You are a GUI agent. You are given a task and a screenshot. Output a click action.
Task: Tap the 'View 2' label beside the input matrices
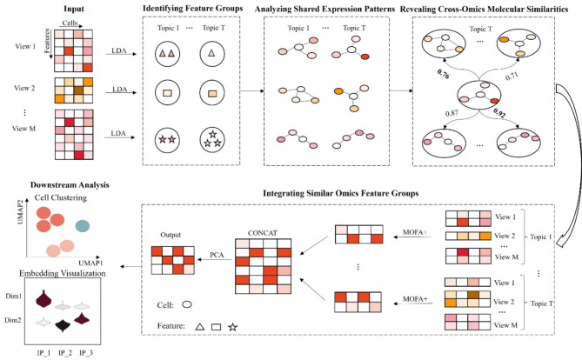[x=16, y=90]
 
